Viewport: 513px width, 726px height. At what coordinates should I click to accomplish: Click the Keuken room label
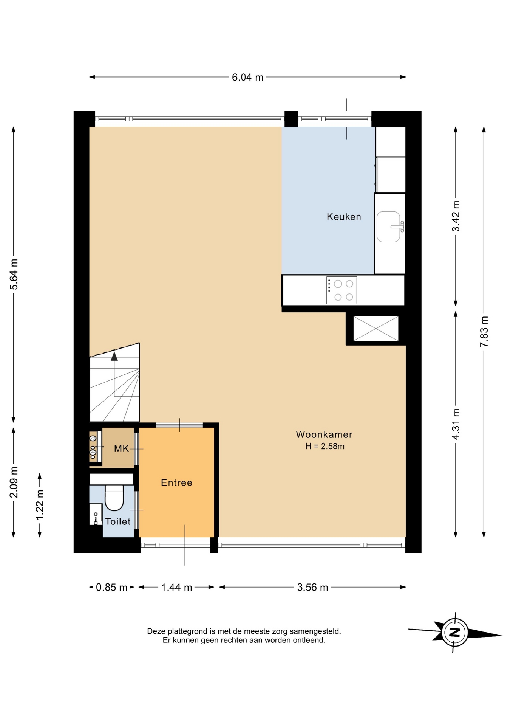click(x=344, y=217)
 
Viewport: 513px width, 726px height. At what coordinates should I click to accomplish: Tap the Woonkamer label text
click(x=324, y=434)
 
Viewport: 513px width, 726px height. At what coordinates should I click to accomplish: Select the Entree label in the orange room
click(x=176, y=482)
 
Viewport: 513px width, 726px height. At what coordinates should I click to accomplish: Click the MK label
click(x=121, y=449)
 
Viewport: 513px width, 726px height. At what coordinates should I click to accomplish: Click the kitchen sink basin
click(x=388, y=226)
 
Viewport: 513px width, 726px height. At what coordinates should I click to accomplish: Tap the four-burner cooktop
click(x=341, y=290)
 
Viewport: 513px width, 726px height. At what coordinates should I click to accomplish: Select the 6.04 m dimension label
click(x=247, y=78)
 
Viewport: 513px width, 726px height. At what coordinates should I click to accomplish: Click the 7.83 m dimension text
click(x=484, y=332)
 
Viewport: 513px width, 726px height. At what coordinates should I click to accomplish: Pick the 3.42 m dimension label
click(x=456, y=216)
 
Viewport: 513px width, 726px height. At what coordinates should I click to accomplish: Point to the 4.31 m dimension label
click(x=456, y=424)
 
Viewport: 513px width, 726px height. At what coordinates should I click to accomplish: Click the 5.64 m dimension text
click(x=14, y=274)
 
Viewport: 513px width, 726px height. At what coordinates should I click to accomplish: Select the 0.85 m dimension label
click(x=111, y=587)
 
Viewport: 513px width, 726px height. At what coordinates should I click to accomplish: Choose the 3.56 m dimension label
click(x=312, y=587)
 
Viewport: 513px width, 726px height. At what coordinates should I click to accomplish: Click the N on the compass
click(x=455, y=632)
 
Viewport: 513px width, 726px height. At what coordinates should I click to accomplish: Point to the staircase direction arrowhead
click(x=114, y=356)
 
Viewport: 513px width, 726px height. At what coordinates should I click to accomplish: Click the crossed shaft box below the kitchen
click(x=376, y=329)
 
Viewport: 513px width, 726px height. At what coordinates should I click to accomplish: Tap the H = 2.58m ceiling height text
click(x=325, y=446)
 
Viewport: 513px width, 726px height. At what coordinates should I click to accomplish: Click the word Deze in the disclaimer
click(x=156, y=631)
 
